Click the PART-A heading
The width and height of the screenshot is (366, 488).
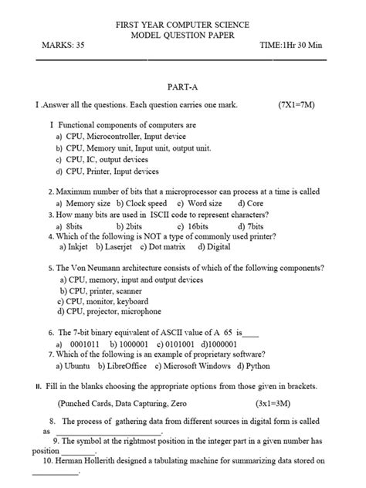(x=182, y=88)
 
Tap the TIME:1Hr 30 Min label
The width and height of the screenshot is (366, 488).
(x=294, y=46)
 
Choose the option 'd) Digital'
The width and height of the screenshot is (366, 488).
(x=214, y=248)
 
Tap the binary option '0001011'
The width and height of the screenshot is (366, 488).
(x=82, y=344)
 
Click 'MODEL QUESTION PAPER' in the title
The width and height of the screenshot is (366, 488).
(x=182, y=36)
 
